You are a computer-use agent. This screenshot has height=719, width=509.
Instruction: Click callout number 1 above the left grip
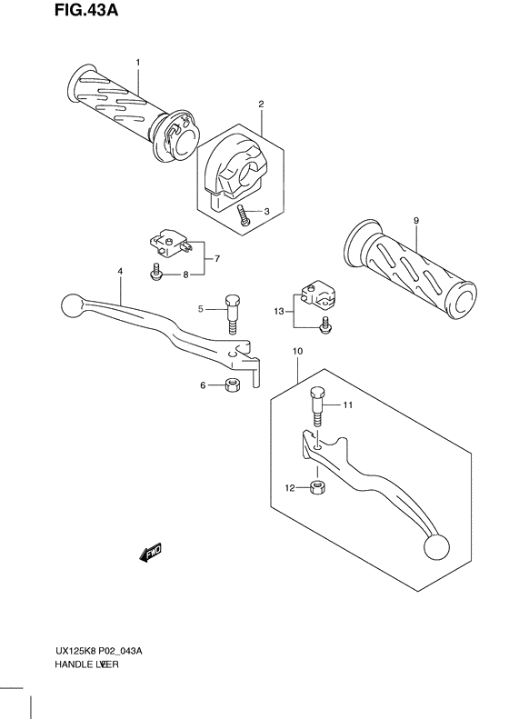pyautogui.click(x=137, y=62)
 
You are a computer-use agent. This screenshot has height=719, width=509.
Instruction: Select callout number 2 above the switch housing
pyautogui.click(x=261, y=105)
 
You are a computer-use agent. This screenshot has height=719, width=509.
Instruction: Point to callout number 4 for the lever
pyautogui.click(x=119, y=272)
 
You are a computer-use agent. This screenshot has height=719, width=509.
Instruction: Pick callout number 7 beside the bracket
pyautogui.click(x=216, y=259)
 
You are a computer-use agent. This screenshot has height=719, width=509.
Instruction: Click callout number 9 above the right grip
pyautogui.click(x=415, y=220)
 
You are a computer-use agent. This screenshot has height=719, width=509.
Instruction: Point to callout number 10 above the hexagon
pyautogui.click(x=296, y=350)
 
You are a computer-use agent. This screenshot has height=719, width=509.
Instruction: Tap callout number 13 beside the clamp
pyautogui.click(x=279, y=311)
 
